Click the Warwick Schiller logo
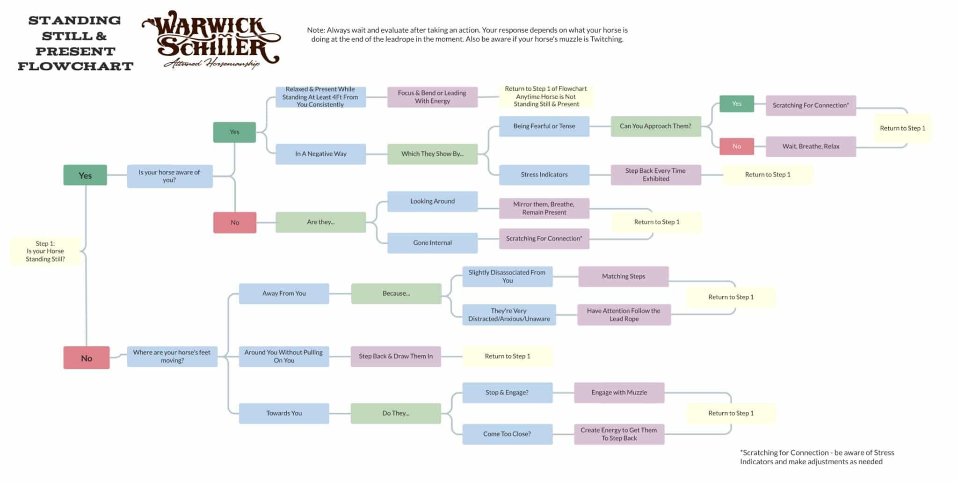tap(211, 40)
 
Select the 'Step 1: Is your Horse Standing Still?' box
tap(45, 251)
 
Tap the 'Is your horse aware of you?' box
tap(169, 176)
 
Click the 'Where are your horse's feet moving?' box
tap(172, 356)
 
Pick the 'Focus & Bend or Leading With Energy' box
tap(432, 97)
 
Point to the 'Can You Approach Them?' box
tap(655, 126)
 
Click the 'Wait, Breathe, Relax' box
tap(811, 146)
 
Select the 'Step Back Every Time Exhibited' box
tap(655, 175)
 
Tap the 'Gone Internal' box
tap(432, 243)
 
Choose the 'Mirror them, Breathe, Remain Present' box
tap(544, 208)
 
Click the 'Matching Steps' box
tap(623, 277)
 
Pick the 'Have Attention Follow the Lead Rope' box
tap(624, 314)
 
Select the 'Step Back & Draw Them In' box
tap(396, 356)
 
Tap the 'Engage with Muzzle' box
tap(619, 393)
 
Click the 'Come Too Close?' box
tap(507, 434)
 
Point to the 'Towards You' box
tap(284, 413)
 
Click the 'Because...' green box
tap(396, 293)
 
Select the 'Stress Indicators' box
tap(544, 175)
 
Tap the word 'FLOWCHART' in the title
tap(76, 66)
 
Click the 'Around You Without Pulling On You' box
tap(283, 356)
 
